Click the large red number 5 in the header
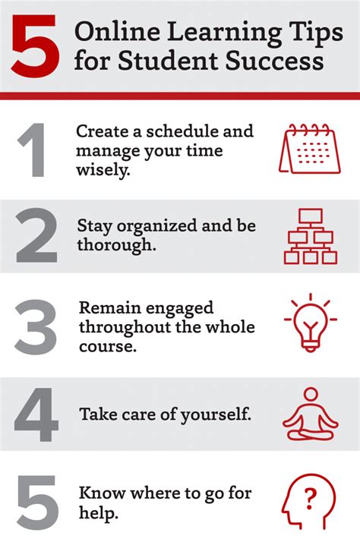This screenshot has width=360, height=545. (x=35, y=46)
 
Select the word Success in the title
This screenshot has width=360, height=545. (x=274, y=61)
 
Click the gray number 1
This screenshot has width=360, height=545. (x=33, y=150)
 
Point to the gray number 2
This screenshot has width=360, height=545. (x=36, y=235)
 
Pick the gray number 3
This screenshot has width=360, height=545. (x=36, y=327)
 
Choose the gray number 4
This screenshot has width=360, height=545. (x=36, y=414)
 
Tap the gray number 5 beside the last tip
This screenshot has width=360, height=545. (x=37, y=502)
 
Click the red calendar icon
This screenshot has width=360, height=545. (x=310, y=149)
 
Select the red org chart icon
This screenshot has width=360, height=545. (x=311, y=236)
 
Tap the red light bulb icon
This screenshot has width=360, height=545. (x=311, y=323)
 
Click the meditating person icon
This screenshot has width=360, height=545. (x=311, y=414)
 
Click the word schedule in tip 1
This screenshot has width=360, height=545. (x=182, y=131)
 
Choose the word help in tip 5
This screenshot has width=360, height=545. (x=99, y=512)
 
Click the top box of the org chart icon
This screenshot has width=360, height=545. (x=311, y=216)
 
